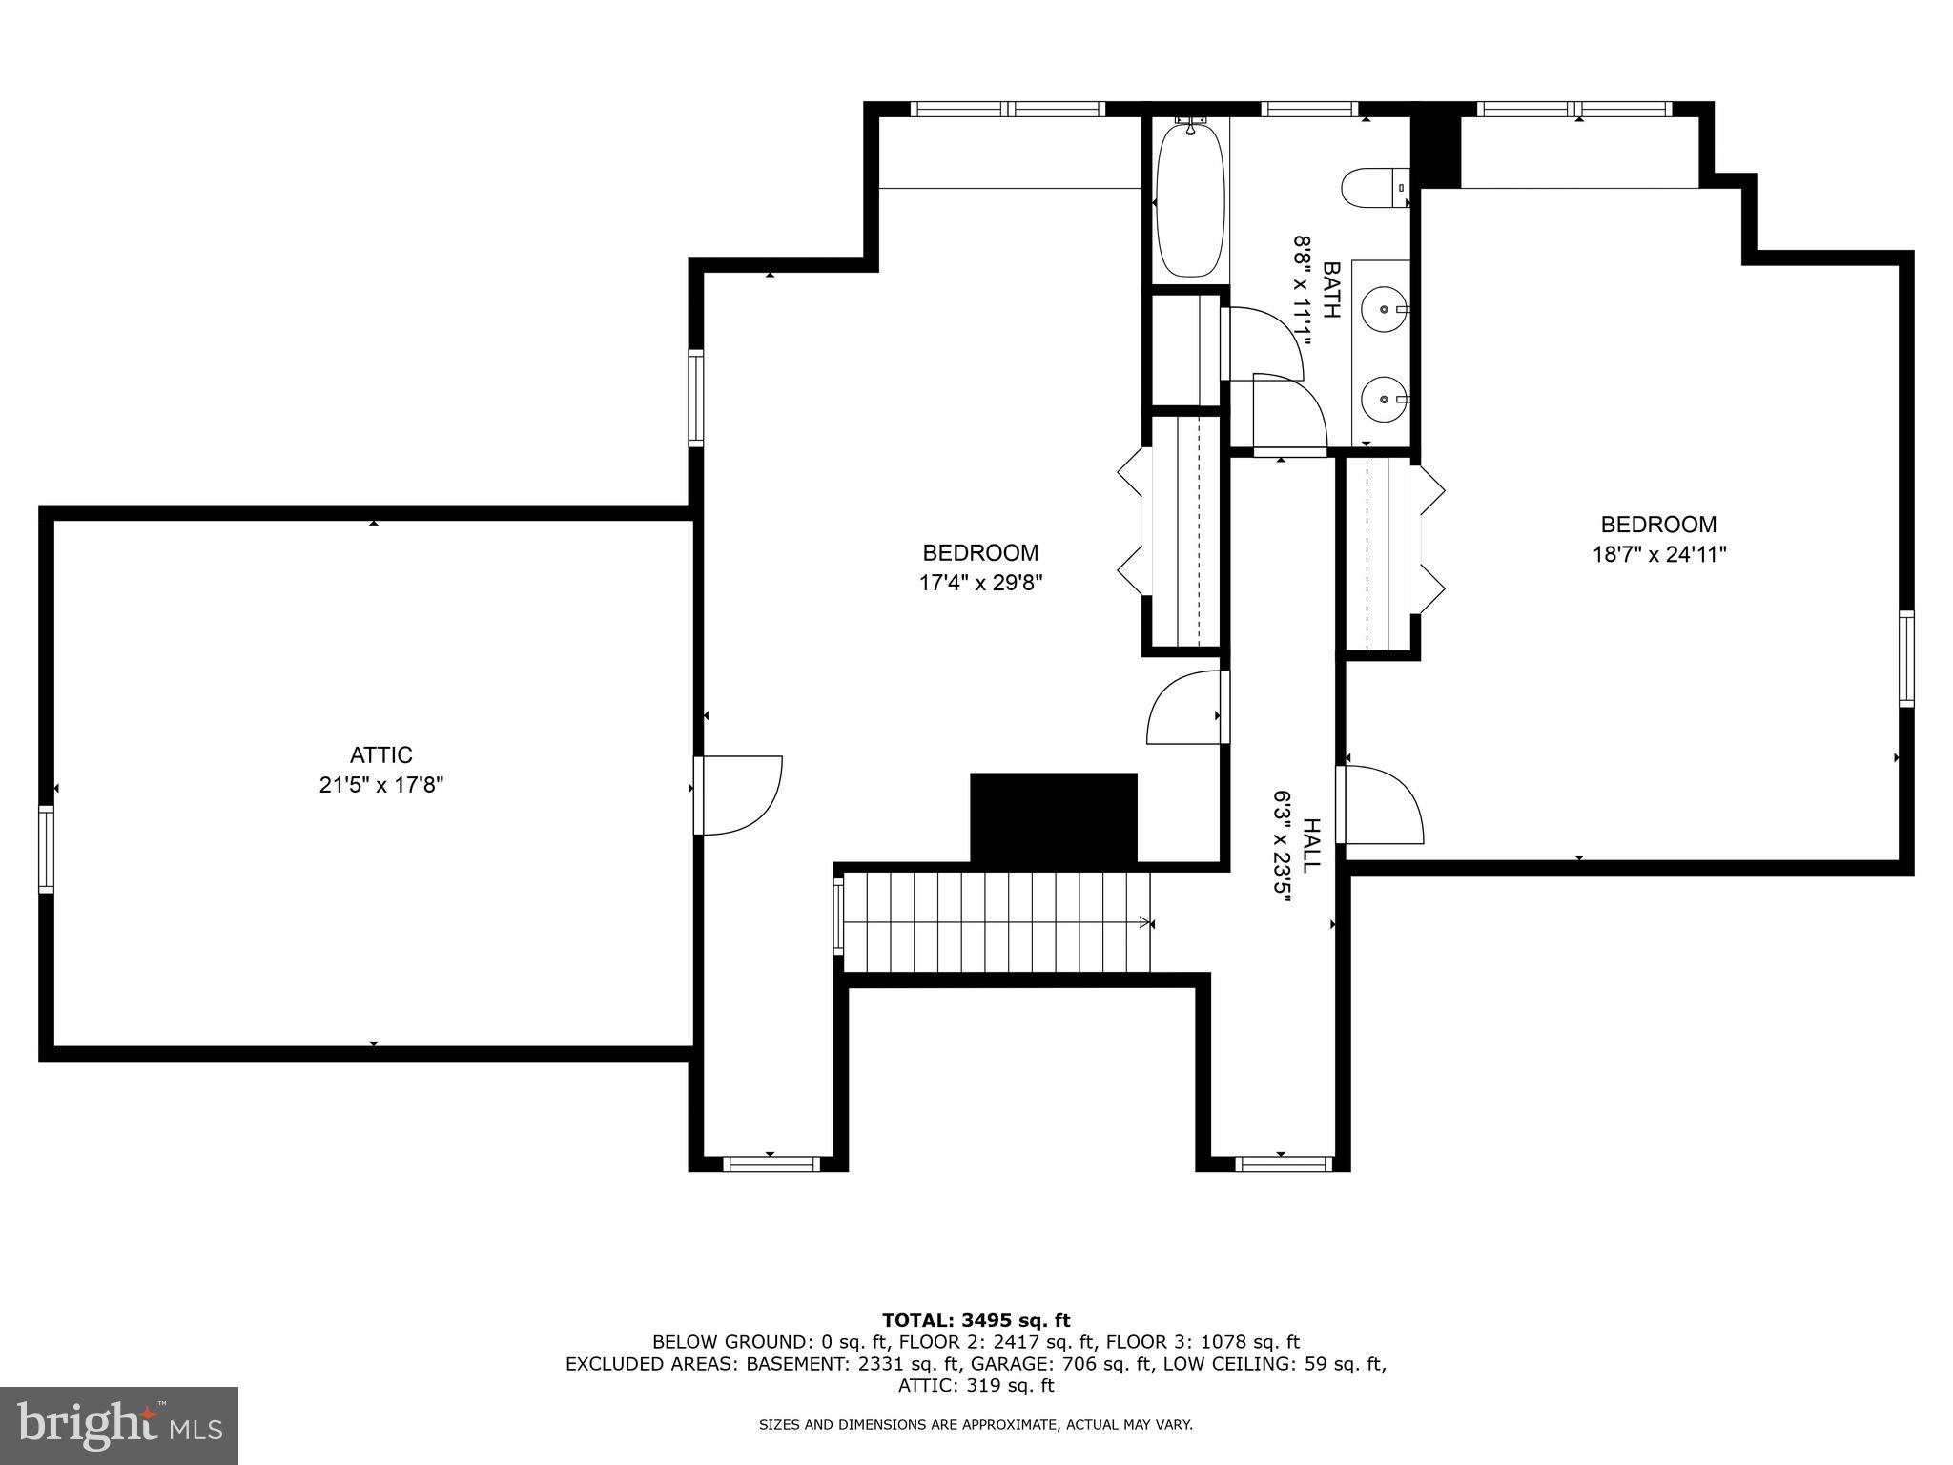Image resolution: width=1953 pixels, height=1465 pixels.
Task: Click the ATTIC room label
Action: tap(380, 754)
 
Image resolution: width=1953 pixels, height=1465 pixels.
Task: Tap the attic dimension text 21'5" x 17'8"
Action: tap(380, 785)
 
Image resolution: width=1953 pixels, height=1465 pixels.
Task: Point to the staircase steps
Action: tap(997, 922)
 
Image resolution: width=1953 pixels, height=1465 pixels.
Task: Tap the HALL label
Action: tap(1312, 844)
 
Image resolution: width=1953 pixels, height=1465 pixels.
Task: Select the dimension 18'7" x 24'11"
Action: tap(1659, 554)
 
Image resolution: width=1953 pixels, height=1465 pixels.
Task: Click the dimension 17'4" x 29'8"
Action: tap(980, 583)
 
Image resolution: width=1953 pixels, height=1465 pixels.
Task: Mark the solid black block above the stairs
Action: tap(1054, 817)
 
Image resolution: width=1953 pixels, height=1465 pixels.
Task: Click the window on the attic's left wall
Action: tap(46, 849)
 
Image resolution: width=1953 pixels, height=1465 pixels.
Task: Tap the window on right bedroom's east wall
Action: tap(1905, 658)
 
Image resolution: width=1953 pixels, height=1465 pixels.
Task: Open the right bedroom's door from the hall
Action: tap(1381, 804)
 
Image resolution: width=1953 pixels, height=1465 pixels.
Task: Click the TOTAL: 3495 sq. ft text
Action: tap(976, 1320)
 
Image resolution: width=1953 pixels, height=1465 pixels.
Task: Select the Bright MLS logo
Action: tap(118, 1425)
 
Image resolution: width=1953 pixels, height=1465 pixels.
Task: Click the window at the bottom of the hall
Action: tap(1283, 1163)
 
